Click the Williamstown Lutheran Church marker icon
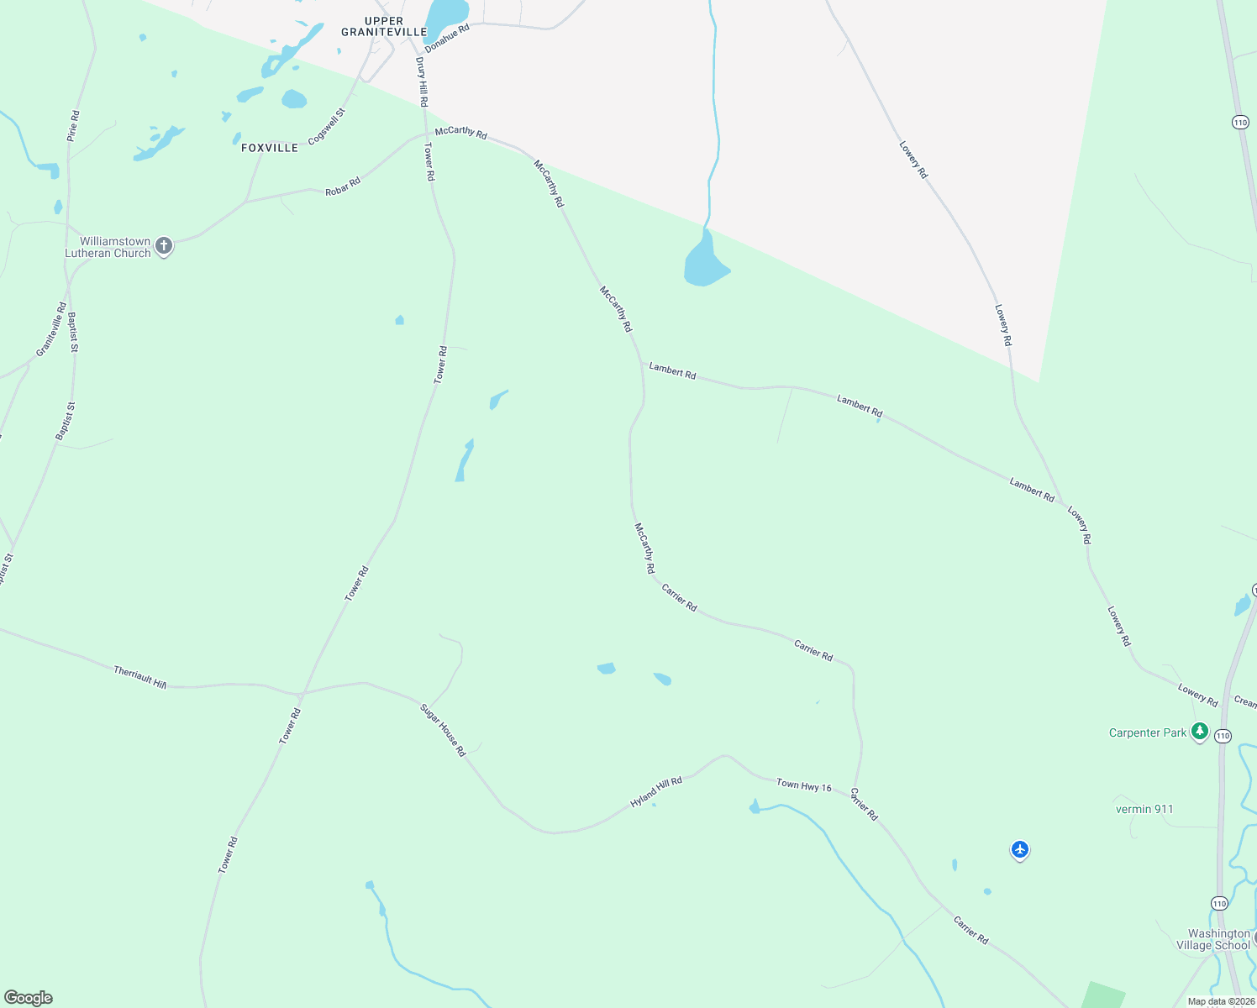(x=164, y=246)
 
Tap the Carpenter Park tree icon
(x=1200, y=732)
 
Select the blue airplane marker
(x=1020, y=850)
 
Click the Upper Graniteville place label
(x=384, y=27)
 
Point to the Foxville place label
(x=270, y=148)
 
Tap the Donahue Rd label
(x=447, y=39)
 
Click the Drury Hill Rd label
(x=422, y=81)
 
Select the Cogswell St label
(x=327, y=127)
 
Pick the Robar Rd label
(x=343, y=186)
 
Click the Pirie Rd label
(x=73, y=125)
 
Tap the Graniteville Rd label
(x=51, y=329)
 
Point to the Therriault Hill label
(x=140, y=678)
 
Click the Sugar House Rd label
(x=443, y=730)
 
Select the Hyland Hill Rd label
(x=656, y=792)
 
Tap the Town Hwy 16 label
(x=804, y=786)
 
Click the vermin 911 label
(x=1144, y=809)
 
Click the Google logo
(x=29, y=998)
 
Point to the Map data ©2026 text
(x=1221, y=1001)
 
